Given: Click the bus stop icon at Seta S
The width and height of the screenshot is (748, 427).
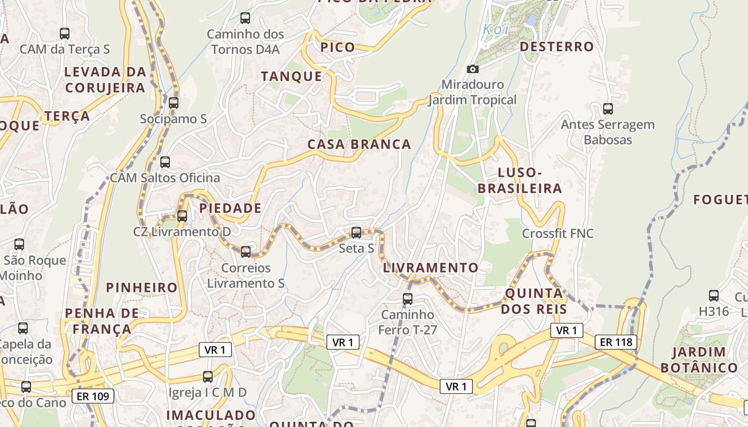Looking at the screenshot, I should click(x=356, y=233).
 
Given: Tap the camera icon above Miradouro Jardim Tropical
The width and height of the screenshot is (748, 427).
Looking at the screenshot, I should click(x=473, y=69).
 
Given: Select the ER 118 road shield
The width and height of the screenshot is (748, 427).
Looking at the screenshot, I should click(x=616, y=342).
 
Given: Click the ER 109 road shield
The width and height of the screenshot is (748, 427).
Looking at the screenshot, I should click(x=93, y=396).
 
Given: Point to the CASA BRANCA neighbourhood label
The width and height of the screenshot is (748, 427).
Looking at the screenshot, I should click(x=359, y=144).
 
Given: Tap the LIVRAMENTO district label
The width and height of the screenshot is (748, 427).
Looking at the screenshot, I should click(x=431, y=267).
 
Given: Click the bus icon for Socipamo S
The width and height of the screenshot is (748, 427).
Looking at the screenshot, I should click(x=174, y=103).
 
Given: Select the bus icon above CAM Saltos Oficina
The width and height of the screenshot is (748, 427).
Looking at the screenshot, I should click(x=165, y=162).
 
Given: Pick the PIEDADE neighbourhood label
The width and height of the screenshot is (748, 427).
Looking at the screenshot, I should click(x=230, y=208).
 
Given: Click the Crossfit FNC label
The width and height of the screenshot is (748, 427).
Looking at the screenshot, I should click(x=558, y=233).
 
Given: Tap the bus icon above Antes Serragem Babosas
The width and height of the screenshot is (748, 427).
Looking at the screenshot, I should click(x=607, y=109).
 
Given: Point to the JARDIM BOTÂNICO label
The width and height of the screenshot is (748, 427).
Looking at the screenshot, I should click(x=699, y=360).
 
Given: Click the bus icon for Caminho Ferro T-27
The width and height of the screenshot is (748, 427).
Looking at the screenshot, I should click(x=408, y=298).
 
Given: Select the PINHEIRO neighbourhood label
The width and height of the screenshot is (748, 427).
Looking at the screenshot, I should click(x=142, y=288).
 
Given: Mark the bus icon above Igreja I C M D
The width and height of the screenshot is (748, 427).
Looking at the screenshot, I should click(x=208, y=377).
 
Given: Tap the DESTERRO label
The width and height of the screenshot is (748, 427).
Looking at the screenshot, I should click(x=557, y=46).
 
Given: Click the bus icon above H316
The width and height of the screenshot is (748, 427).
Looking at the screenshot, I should click(x=714, y=296).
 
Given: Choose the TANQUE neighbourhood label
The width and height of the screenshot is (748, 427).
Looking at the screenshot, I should click(x=292, y=76).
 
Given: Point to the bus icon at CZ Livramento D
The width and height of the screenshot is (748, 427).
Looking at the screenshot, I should click(x=182, y=216).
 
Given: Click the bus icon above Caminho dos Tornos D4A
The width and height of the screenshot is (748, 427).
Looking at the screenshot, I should click(x=245, y=18).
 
